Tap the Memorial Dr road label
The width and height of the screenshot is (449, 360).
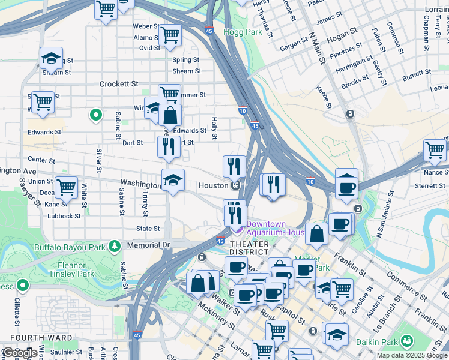149,245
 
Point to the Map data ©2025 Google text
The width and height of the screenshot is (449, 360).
411,355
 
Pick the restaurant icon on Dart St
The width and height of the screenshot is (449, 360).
169,147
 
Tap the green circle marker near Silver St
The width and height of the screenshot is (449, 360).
95,115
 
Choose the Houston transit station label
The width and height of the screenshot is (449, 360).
214,186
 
